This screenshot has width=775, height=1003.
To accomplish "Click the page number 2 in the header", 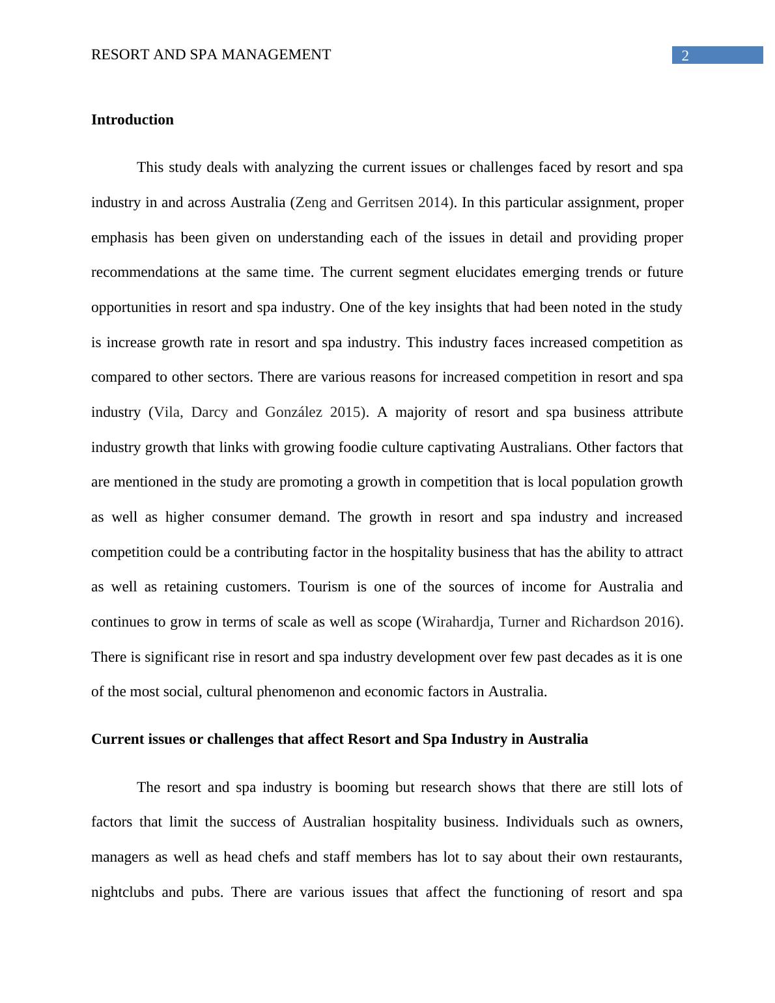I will pos(684,56).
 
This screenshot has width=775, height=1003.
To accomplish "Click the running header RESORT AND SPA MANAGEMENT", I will pos(211,55).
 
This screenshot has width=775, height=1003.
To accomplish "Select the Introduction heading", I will pos(132,120).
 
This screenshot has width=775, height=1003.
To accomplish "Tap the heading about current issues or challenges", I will pos(339,739).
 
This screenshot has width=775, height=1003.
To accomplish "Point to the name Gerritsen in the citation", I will pos(386,203).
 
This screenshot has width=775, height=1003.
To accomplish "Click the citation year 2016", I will pos(659,622).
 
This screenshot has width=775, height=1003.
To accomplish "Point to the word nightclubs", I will pos(122,892).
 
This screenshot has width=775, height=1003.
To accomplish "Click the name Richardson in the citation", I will pos(604,622).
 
